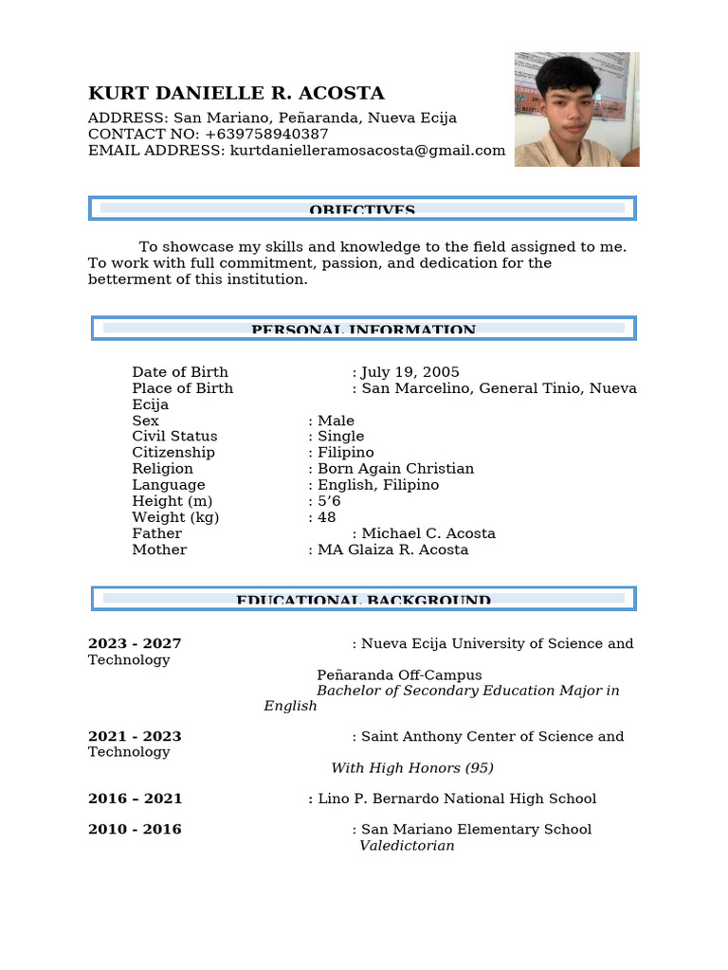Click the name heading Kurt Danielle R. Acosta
click(236, 93)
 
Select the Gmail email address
click(368, 151)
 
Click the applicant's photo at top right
click(576, 109)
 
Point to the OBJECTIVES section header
click(362, 208)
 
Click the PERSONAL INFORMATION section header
click(363, 329)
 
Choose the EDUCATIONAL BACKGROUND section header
click(363, 599)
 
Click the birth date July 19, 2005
click(409, 372)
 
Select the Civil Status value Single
click(340, 437)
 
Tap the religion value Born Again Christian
click(395, 469)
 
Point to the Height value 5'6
click(329, 501)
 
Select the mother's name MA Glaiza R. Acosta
click(392, 549)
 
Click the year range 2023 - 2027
click(135, 644)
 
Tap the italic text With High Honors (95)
click(412, 768)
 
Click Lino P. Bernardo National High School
click(457, 799)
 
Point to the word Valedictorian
click(407, 846)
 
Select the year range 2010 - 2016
click(135, 830)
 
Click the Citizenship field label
click(173, 453)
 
